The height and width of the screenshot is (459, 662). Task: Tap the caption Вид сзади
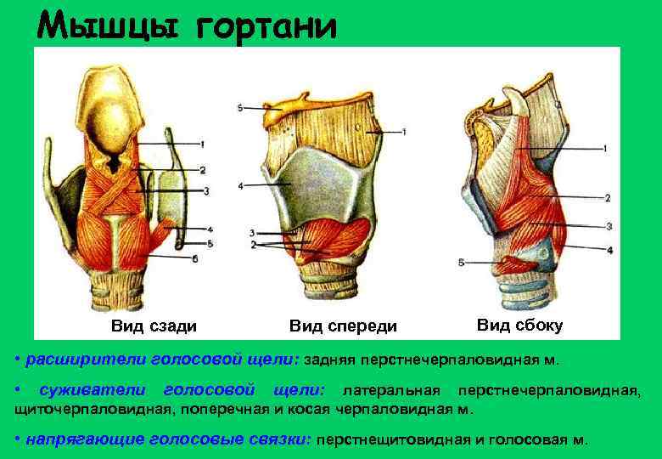tap(154, 326)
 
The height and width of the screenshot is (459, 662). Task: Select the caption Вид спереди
tap(343, 326)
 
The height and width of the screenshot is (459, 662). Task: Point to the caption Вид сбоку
tap(519, 325)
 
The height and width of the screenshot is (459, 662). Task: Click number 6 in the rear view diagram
tap(195, 259)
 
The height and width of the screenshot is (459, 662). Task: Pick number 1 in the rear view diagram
tap(203, 143)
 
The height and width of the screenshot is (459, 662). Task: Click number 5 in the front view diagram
tap(241, 108)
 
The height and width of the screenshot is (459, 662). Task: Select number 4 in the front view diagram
tap(241, 185)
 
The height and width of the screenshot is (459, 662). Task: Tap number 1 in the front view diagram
tap(405, 132)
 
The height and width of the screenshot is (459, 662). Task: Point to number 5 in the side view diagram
tap(461, 263)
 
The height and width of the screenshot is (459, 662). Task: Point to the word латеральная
tap(390, 390)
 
